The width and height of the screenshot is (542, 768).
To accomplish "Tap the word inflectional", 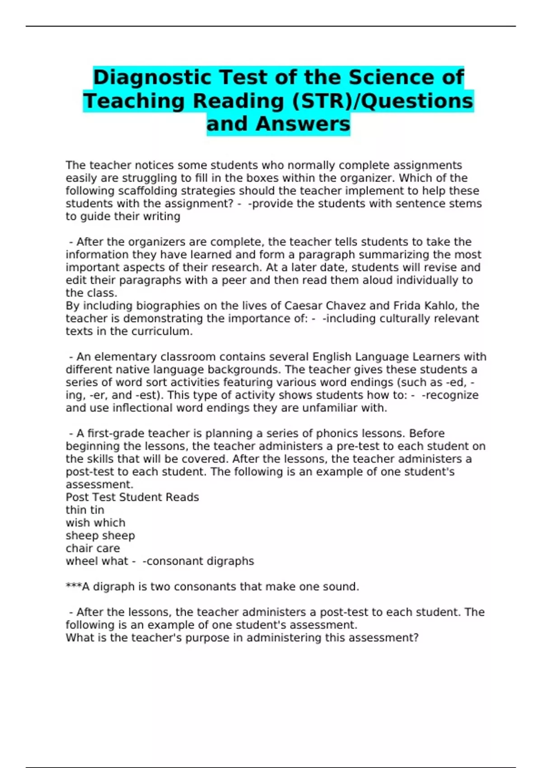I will [137, 408].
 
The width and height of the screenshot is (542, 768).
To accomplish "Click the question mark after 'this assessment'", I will [416, 638].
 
